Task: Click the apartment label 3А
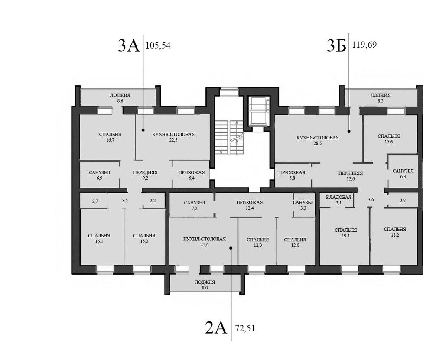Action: coord(129,45)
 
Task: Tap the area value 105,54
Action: coord(158,45)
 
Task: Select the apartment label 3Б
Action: coord(336,45)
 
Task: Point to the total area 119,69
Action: coord(364,45)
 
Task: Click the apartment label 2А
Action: coord(216,328)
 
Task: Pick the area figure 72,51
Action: coord(245,328)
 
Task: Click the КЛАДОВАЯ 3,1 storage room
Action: coord(338,200)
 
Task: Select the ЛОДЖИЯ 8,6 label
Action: coord(120,98)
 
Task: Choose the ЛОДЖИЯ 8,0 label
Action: coord(205,285)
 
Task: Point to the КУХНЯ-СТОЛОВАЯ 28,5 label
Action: coord(318,140)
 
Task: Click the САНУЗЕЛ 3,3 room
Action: coord(304,204)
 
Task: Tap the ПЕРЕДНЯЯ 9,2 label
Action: coord(145,175)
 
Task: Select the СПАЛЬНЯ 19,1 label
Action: coord(345,233)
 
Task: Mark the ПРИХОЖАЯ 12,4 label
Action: coord(250,205)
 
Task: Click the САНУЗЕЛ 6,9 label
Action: coord(100,175)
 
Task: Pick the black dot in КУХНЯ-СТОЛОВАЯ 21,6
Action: coord(231,248)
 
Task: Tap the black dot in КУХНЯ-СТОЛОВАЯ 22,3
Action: coord(143,130)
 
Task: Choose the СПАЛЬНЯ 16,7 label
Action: coord(110,137)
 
